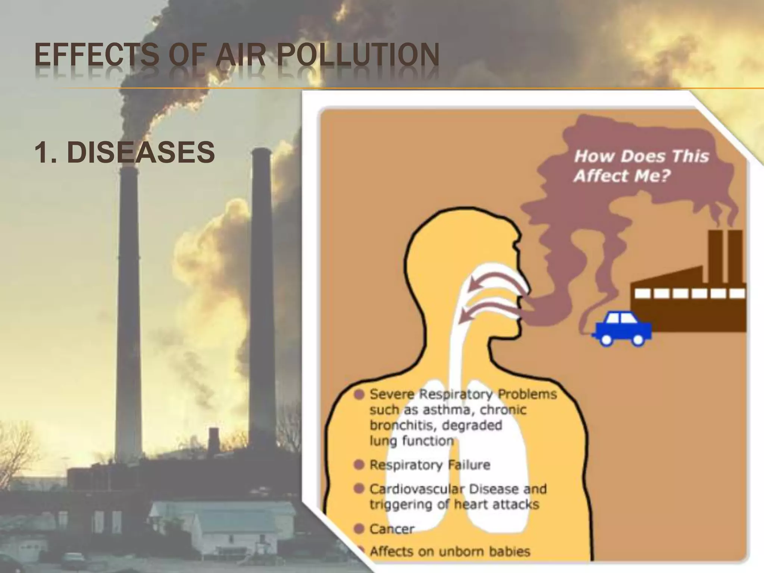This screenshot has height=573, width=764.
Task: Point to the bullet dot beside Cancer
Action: (x=359, y=528)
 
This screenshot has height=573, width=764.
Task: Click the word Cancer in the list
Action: (x=392, y=529)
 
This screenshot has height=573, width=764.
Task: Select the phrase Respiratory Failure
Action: (x=429, y=465)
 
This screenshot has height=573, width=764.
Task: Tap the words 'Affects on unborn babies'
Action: (x=450, y=551)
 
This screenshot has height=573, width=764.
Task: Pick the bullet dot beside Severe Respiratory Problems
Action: (x=359, y=395)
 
